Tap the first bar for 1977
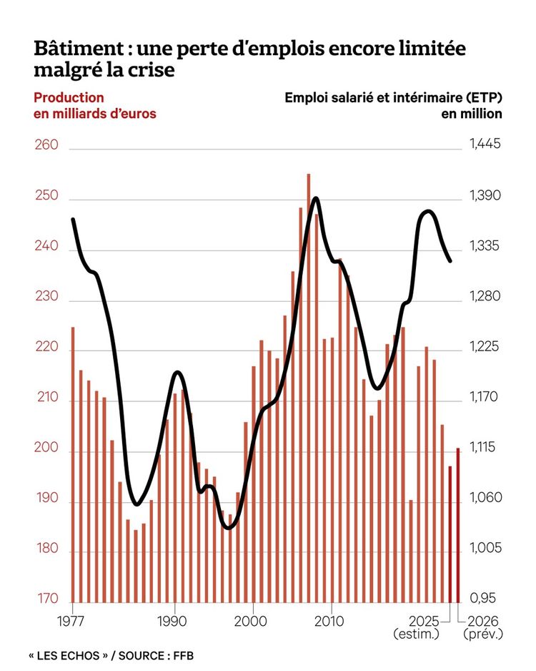73,465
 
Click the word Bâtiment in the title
74,50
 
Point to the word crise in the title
152,72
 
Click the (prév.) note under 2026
483,634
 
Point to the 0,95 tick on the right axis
483,599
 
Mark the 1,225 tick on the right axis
485,347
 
